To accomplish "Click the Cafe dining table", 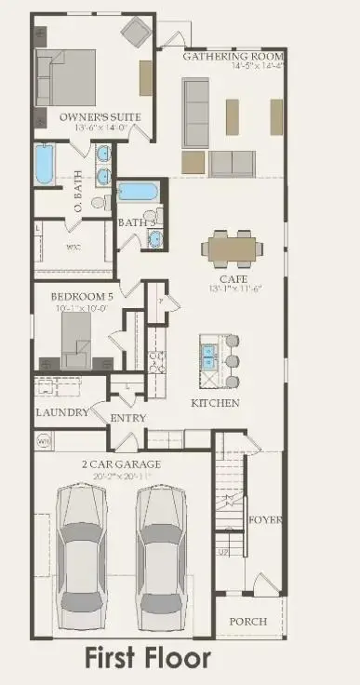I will (x=231, y=248).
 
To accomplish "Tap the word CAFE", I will (x=231, y=279).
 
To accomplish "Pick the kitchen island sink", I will (x=208, y=356).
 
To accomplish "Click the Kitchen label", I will (x=215, y=403).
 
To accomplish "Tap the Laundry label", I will (x=62, y=412).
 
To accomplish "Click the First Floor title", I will (x=149, y=659).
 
